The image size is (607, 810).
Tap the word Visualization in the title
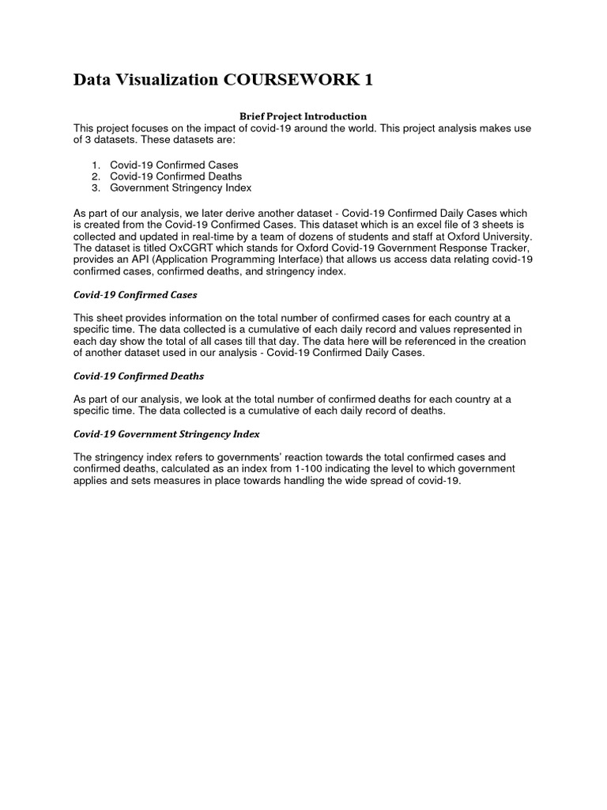pyautogui.click(x=168, y=79)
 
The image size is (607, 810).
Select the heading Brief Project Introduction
pyautogui.click(x=303, y=116)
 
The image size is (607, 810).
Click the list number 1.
pyautogui.click(x=96, y=164)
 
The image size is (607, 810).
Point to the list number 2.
pyautogui.click(x=96, y=176)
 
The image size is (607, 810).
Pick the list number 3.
pyautogui.click(x=96, y=188)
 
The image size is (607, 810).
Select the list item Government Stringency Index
pyautogui.click(x=181, y=188)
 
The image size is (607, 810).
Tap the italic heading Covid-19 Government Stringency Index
pyautogui.click(x=167, y=434)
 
